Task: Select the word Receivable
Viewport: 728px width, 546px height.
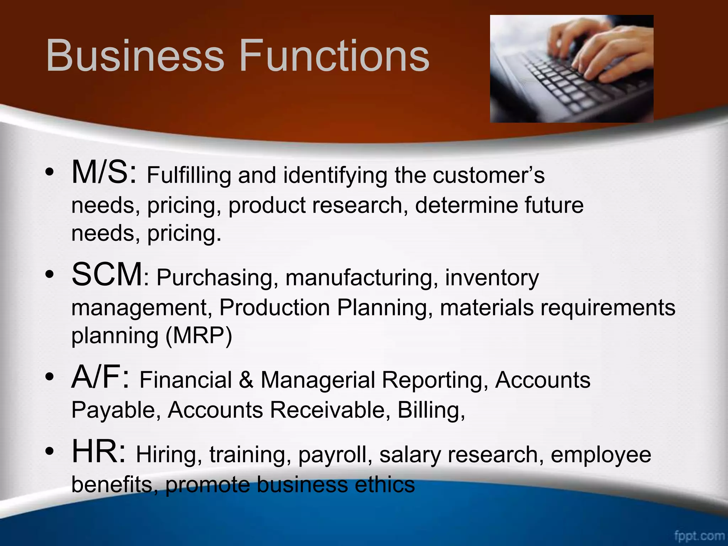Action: point(327,410)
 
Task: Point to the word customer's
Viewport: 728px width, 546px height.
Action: point(488,175)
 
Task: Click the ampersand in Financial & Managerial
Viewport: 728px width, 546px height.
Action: point(246,380)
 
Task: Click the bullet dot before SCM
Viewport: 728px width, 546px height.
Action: point(49,274)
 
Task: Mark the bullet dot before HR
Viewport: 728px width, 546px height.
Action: point(49,452)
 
